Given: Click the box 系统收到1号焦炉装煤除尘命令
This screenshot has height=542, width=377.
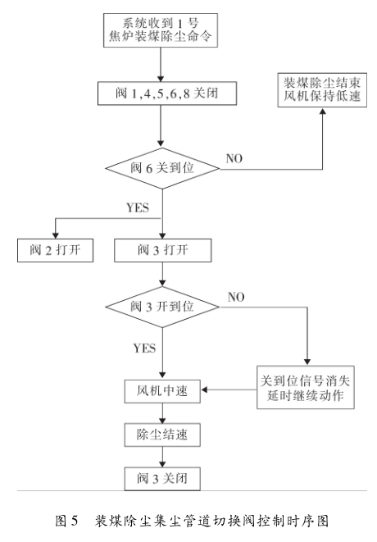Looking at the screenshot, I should tap(161, 29).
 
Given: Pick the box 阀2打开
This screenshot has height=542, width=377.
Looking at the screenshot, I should tap(55, 249).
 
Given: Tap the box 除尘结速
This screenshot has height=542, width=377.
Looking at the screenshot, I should tap(161, 433).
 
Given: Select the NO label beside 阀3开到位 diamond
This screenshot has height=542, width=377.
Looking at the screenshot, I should tap(237, 295).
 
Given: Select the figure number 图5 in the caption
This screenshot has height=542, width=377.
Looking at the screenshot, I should tap(66, 521).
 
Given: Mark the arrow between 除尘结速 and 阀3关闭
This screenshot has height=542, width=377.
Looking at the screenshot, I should tap(161, 455).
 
